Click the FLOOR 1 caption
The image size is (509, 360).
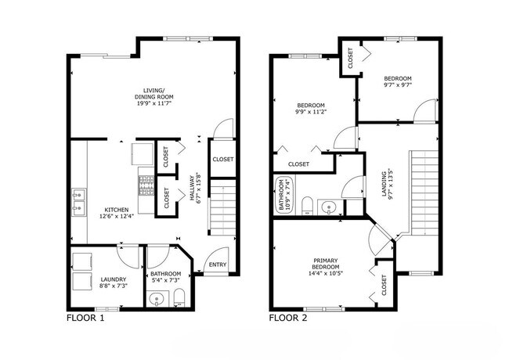tap(86, 319)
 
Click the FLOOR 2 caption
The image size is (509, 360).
tap(288, 319)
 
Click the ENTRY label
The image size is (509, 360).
tap(217, 265)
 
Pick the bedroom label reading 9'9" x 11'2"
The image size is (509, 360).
tap(311, 108)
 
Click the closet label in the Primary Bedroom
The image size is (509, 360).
tap(384, 284)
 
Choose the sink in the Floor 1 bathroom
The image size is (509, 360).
tap(157, 298)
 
